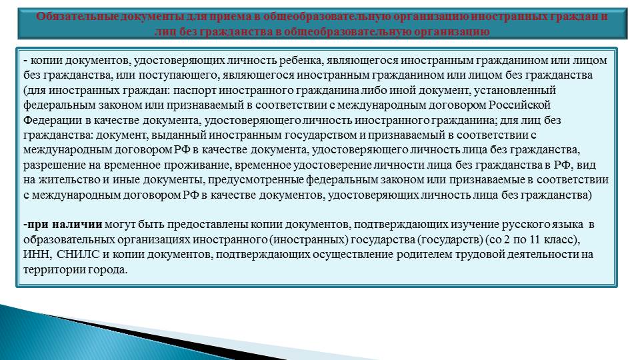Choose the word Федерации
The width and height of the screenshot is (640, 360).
52,121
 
